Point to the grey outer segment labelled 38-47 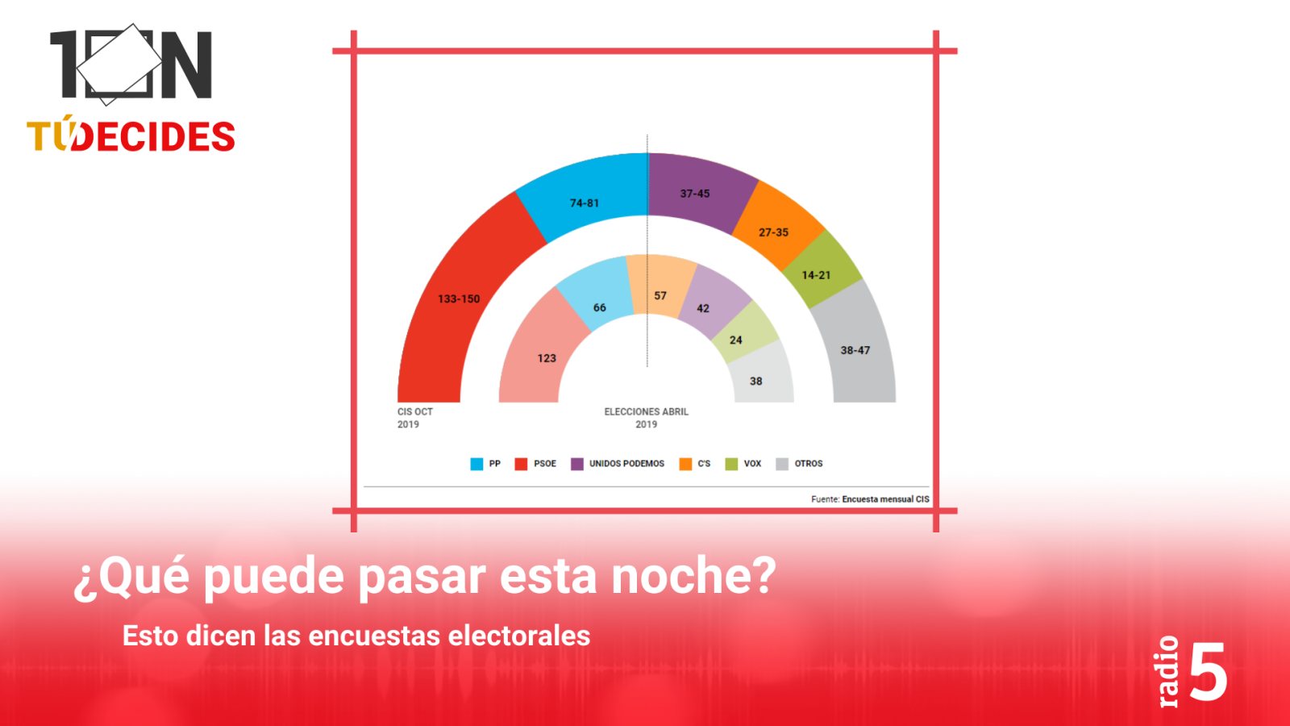click(x=857, y=349)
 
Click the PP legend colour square click(x=476, y=464)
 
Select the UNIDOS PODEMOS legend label click(x=626, y=464)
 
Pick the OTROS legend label click(x=809, y=464)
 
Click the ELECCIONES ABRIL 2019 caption click(x=646, y=418)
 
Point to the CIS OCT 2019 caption click(x=414, y=418)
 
